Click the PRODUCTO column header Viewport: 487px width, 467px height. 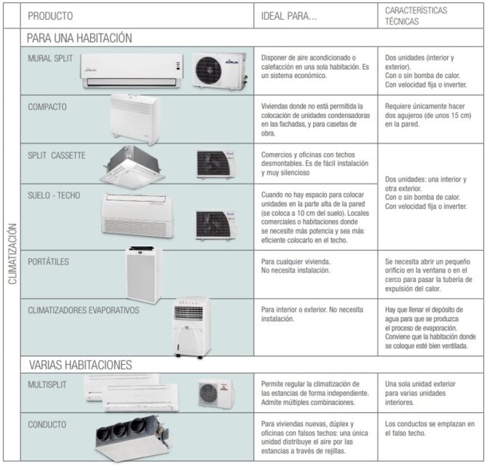pos(50,16)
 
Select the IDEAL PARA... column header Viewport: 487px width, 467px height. pos(289,16)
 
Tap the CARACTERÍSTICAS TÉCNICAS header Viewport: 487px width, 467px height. pos(416,16)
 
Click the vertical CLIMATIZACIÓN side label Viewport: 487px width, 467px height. pos(12,254)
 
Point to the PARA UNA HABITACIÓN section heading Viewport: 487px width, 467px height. pos(79,38)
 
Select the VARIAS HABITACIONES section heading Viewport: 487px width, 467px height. pos(81,365)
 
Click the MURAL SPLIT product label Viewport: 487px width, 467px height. pos(50,58)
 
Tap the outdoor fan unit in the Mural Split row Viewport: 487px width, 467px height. pos(220,70)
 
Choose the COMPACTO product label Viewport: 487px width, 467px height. pos(47,107)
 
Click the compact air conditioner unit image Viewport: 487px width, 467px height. pos(135,119)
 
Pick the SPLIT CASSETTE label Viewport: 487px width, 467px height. pos(57,155)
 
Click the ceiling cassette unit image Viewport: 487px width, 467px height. pos(132,167)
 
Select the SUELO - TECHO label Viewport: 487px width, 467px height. pos(54,195)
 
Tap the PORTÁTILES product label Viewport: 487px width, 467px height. pos(49,262)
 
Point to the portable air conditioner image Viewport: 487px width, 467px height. pos(144,275)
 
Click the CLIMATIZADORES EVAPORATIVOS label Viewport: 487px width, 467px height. pos(84,310)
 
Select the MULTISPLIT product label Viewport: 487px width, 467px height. pos(47,385)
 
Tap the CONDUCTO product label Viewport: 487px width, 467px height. pos(47,425)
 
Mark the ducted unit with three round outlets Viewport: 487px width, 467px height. pos(132,439)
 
